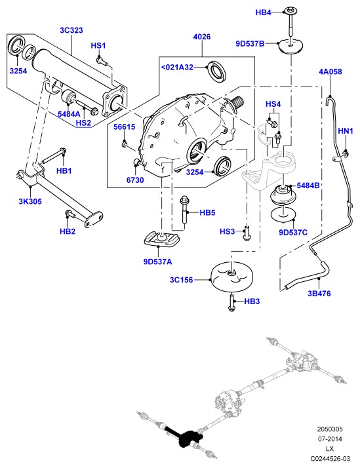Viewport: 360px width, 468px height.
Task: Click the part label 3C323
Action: click(71, 30)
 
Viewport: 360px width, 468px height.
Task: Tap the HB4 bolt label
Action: click(264, 12)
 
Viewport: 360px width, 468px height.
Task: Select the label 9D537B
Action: click(250, 43)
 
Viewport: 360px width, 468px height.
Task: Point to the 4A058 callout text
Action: click(330, 71)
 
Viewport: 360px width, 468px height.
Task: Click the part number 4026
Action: click(202, 37)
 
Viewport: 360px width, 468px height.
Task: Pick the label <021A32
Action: click(177, 67)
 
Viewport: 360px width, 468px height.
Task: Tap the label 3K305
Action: click(30, 201)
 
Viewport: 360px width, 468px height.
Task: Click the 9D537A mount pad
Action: click(162, 239)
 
